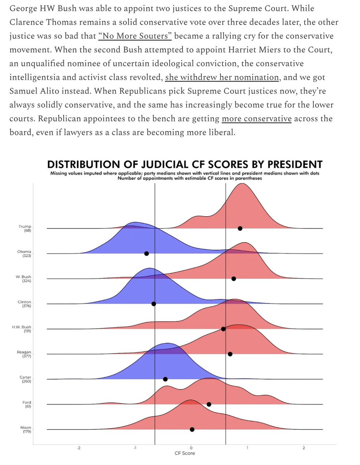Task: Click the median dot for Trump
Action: [x=240, y=229]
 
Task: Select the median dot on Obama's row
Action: [x=146, y=253]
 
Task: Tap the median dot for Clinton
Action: [x=153, y=304]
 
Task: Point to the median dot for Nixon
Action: [x=192, y=429]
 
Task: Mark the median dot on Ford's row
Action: [x=209, y=404]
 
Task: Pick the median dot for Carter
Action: [x=165, y=379]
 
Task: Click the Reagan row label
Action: [x=25, y=352]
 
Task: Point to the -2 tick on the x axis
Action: [x=78, y=448]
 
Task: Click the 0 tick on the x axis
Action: [x=191, y=448]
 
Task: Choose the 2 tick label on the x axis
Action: [x=304, y=448]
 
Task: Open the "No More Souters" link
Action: [x=135, y=36]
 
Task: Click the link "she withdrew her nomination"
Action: [x=222, y=77]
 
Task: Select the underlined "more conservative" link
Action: [x=256, y=119]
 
